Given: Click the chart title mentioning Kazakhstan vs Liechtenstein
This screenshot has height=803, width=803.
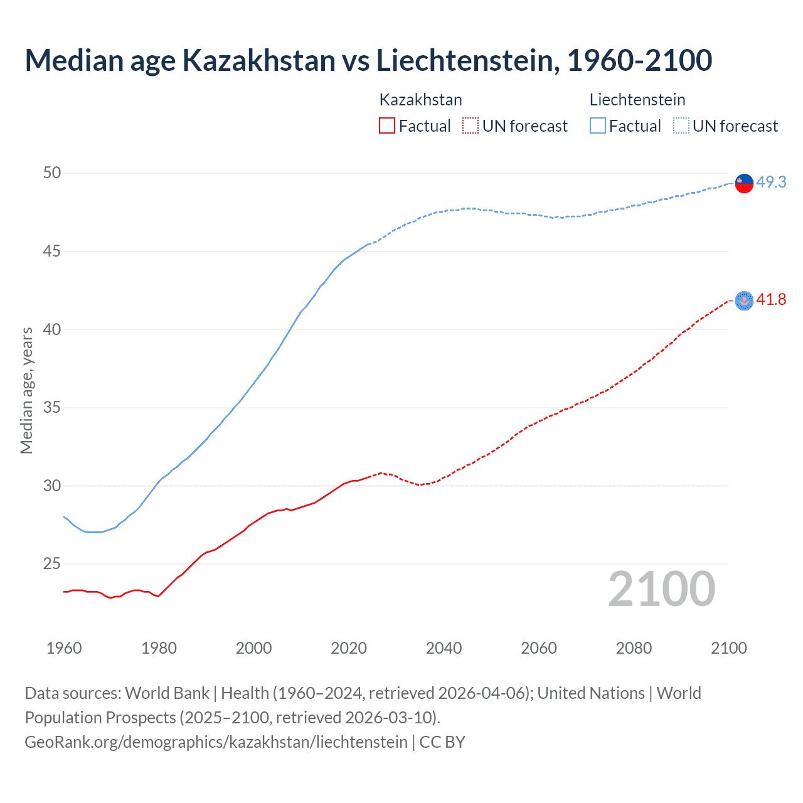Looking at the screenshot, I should tap(368, 60).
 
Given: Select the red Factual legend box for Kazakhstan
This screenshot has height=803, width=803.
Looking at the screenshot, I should tap(387, 125).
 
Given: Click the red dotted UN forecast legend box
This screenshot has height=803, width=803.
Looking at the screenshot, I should tap(471, 125).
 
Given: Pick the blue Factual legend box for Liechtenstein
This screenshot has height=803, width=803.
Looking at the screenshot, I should tap(597, 125).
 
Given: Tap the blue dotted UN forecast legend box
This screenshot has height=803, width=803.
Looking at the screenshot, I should tap(681, 125).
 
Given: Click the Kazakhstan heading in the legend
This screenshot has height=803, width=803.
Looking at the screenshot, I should tap(420, 100).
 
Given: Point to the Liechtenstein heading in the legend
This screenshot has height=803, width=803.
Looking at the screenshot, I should tap(637, 100).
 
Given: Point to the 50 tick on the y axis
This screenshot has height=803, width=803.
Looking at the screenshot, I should tap(52, 173).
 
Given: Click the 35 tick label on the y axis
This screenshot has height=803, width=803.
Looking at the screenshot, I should tap(52, 408).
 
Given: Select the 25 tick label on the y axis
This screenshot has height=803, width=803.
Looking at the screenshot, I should tap(52, 564).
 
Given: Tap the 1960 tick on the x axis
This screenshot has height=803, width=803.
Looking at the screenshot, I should tap(64, 648).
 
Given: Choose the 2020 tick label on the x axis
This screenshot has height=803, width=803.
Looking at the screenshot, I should tap(349, 648).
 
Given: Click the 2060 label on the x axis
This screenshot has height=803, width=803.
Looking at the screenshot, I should tap(539, 648).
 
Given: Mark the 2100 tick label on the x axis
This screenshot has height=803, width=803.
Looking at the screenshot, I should tap(729, 648).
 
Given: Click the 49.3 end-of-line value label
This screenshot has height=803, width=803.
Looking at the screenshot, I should tap(771, 182).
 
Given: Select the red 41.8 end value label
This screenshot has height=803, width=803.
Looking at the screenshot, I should tap(771, 300).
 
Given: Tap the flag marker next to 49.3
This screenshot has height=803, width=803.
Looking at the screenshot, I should tap(744, 183).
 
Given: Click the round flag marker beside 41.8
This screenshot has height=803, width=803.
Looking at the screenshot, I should tap(744, 301).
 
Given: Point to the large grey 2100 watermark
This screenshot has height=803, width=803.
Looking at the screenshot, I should tap(661, 589).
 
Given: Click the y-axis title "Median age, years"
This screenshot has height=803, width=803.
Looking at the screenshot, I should tap(26, 390).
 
